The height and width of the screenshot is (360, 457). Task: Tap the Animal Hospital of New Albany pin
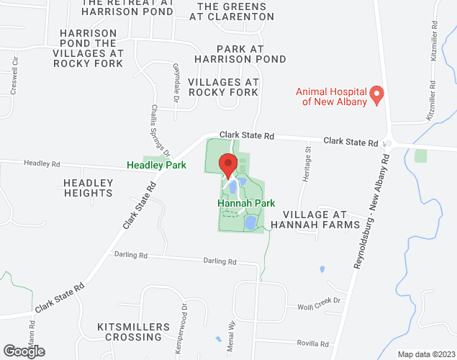pyautogui.click(x=376, y=94)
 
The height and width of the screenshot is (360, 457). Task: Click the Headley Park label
pyautogui.click(x=156, y=165)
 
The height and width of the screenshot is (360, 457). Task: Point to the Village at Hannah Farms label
pyautogui.click(x=320, y=220)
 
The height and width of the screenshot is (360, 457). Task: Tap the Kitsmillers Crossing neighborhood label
pyautogui.click(x=134, y=331)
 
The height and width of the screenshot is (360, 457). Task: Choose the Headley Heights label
pyautogui.click(x=88, y=187)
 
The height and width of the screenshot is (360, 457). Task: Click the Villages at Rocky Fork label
pyautogui.click(x=223, y=87)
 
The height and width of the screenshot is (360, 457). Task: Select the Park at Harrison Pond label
pyautogui.click(x=241, y=53)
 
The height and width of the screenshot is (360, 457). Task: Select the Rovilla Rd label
pyautogui.click(x=314, y=343)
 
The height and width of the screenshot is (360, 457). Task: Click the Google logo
pyautogui.click(x=23, y=351)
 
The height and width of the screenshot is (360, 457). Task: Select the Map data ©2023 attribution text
pyautogui.click(x=425, y=354)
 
